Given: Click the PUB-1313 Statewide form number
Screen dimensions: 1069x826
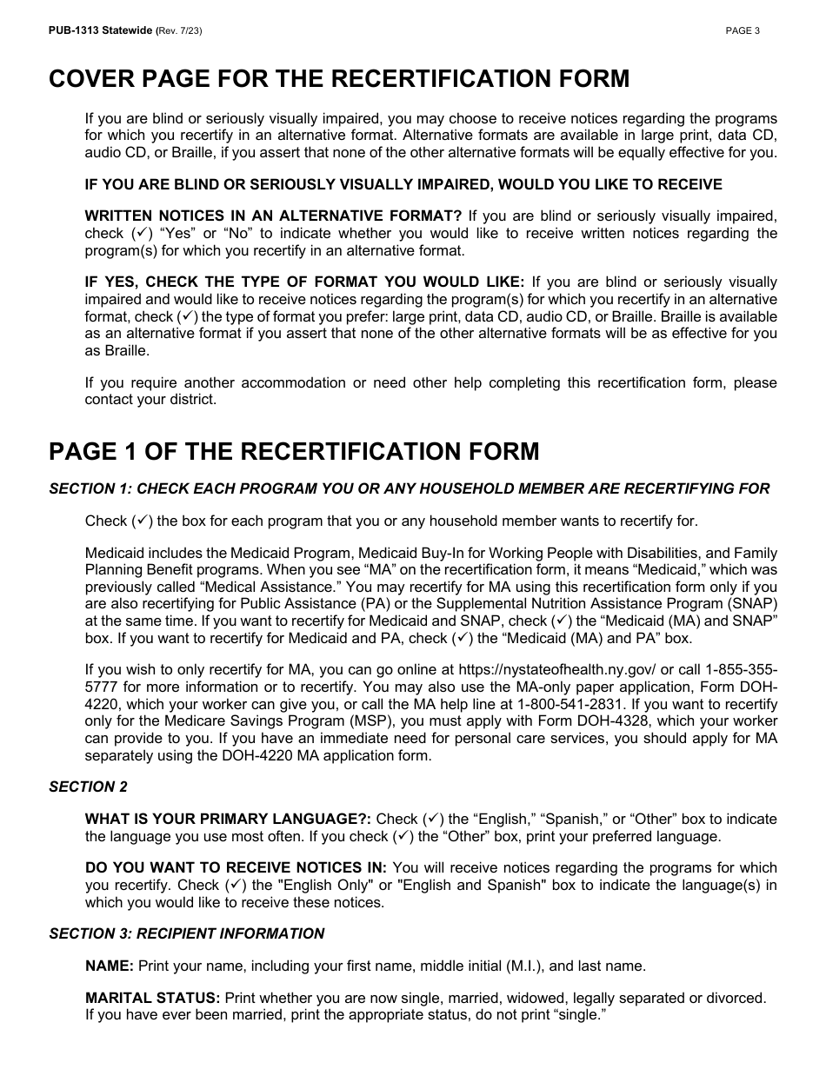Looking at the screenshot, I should click(100, 31).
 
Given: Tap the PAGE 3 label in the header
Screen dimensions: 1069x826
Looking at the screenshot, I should click(743, 31).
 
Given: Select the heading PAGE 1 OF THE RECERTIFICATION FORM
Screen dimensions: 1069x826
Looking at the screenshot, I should click(294, 451).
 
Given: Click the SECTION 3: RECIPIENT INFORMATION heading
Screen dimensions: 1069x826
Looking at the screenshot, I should click(186, 933).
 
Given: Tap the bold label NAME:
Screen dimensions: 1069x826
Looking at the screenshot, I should click(109, 966).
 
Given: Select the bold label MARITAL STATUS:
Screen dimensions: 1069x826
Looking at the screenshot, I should click(152, 998).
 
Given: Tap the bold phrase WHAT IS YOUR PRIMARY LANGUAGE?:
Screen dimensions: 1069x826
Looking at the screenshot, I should click(228, 819).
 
